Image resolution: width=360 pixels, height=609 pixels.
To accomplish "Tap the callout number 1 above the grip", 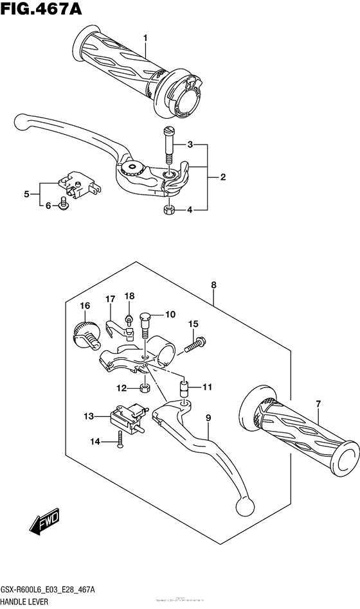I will (x=146, y=39).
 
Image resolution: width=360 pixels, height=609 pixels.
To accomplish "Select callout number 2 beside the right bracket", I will (x=222, y=177).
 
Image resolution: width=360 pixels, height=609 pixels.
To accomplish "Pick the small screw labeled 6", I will (x=64, y=205).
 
